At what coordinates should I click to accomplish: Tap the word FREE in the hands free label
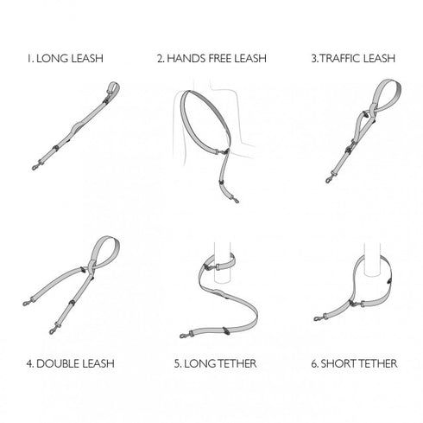(x=219, y=58)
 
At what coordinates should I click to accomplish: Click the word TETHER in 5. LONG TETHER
(x=236, y=363)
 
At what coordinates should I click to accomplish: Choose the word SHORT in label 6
(x=338, y=363)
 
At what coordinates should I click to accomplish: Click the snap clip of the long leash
(x=36, y=167)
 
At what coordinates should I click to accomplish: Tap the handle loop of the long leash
(x=113, y=87)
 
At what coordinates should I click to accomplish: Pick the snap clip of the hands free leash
(x=235, y=199)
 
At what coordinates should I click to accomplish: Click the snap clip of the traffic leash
(x=330, y=179)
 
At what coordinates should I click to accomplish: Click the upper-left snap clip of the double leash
(x=27, y=303)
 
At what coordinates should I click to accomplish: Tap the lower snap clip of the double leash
(x=54, y=330)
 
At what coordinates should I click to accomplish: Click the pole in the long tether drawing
(x=222, y=271)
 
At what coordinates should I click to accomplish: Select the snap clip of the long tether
(x=185, y=335)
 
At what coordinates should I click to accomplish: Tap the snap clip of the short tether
(x=319, y=317)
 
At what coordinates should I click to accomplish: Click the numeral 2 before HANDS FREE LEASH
(x=160, y=59)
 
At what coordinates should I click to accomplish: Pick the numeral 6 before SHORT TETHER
(x=314, y=363)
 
